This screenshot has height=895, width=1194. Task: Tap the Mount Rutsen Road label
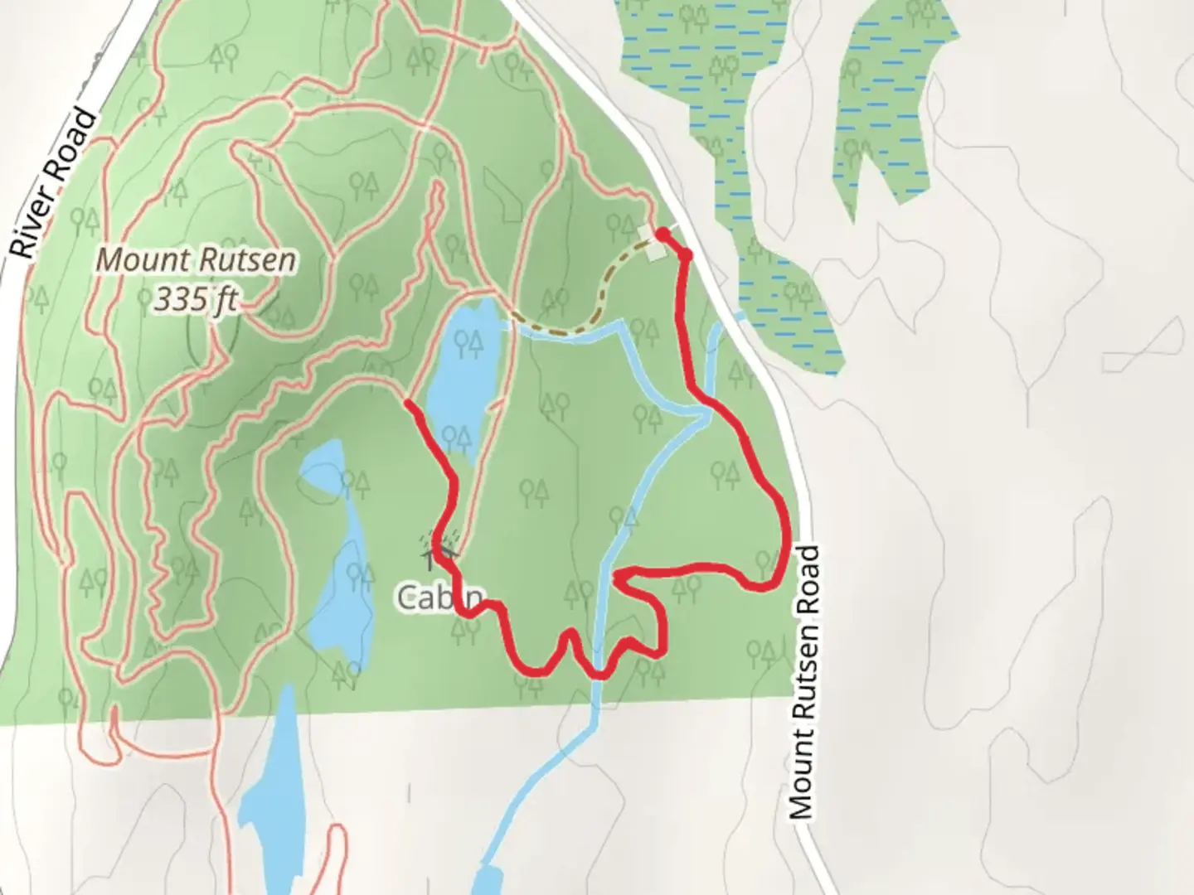click(803, 681)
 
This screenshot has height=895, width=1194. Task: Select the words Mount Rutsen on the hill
click(196, 260)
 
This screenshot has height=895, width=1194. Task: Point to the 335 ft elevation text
click(196, 298)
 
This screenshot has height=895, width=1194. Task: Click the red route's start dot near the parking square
click(663, 235)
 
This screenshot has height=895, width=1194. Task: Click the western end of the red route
click(408, 404)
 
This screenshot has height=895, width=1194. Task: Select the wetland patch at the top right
click(887, 108)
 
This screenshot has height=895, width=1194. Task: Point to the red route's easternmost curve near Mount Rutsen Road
click(782, 530)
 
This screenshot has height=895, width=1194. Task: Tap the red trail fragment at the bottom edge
click(336, 862)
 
